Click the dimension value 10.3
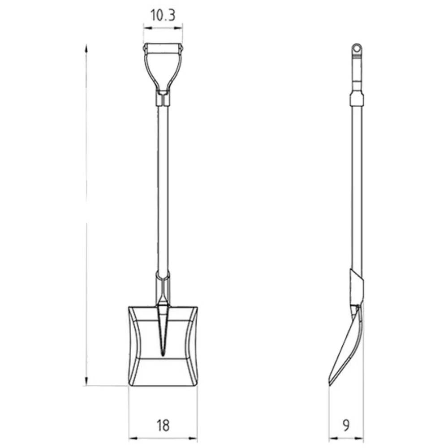click(x=163, y=16)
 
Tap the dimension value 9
click(x=346, y=425)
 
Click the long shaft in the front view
click(x=163, y=188)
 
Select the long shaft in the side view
click(x=357, y=188)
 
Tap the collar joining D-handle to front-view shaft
click(x=163, y=98)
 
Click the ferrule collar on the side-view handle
click(x=357, y=99)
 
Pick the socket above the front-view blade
click(x=163, y=287)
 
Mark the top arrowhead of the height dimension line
click(x=86, y=47)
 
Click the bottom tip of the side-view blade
click(x=330, y=384)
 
